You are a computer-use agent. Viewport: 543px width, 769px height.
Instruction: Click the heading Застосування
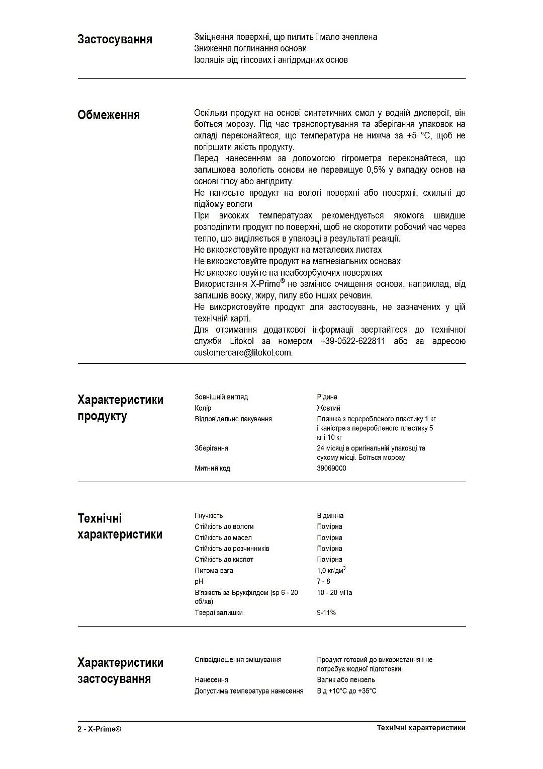tap(115, 39)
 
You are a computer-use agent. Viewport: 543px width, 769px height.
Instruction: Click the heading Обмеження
tap(109, 115)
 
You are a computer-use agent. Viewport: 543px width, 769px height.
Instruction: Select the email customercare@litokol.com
tap(243, 353)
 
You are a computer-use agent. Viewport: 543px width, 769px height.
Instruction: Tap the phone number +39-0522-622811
tap(352, 341)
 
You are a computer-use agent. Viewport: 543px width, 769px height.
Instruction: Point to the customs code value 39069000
tap(331, 468)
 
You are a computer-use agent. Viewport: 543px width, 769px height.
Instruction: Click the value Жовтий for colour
tap(328, 408)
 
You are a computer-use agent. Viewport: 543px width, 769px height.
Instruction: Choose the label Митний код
tap(212, 468)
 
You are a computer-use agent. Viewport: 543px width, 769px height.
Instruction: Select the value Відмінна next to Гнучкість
tap(330, 515)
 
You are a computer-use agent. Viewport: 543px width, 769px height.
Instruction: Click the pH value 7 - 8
tap(323, 581)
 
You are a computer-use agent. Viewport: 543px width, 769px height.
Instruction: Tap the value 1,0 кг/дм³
tap(331, 570)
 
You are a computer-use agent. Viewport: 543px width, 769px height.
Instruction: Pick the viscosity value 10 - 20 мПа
tap(334, 592)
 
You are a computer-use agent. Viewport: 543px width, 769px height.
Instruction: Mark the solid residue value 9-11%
tap(326, 612)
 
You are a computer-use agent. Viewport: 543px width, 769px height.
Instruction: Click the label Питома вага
tap(214, 570)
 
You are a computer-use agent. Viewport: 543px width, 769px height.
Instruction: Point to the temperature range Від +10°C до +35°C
tap(346, 691)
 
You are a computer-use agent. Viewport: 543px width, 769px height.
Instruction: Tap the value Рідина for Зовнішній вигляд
tap(327, 397)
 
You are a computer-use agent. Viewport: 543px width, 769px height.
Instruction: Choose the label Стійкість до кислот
tap(224, 559)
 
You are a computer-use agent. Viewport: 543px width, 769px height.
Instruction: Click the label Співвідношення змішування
tap(238, 659)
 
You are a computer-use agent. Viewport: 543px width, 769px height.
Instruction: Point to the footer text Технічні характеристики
tap(421, 728)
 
